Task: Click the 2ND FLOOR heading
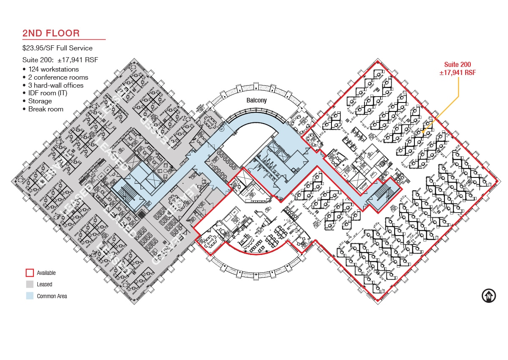[x=51, y=33]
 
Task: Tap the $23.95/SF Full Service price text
[x=58, y=48]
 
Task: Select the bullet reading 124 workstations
[x=53, y=69]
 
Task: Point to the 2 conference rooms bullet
[x=58, y=77]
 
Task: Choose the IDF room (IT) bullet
[x=48, y=93]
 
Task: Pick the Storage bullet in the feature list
[x=40, y=101]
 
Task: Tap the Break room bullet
[x=46, y=109]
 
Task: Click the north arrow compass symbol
[x=489, y=296]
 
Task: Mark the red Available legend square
[x=30, y=273]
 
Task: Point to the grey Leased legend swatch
[x=30, y=284]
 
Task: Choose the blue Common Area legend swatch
[x=30, y=296]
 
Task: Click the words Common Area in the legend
[x=52, y=296]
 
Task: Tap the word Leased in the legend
[x=44, y=284]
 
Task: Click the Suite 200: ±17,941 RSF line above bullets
[x=60, y=60]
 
